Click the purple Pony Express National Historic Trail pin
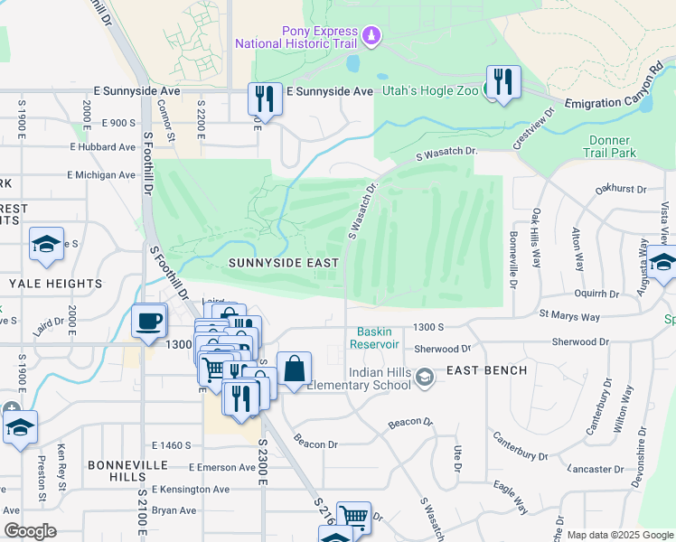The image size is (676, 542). pos(371,35)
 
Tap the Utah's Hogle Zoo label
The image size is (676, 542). pos(428,91)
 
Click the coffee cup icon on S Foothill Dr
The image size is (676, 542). pos(148,321)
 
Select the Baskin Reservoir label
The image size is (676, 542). pos(377,338)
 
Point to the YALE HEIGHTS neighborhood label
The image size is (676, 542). pos(56,284)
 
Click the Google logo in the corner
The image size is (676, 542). pos(30,530)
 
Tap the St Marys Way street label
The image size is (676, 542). pos(569,317)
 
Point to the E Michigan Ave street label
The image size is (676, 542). pos(101,175)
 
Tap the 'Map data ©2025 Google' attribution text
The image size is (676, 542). pos(619,535)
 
